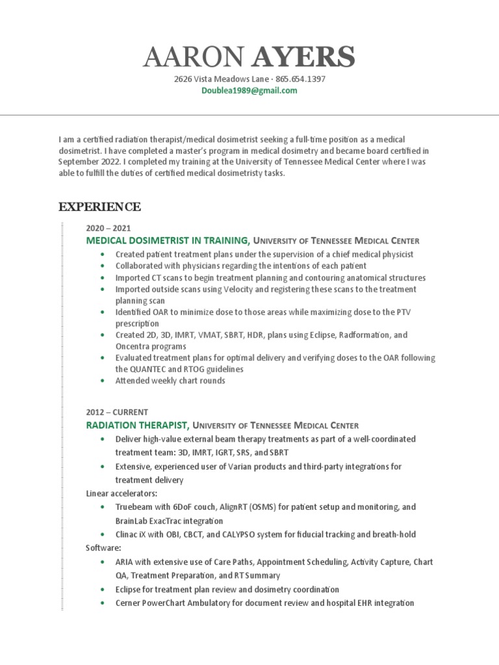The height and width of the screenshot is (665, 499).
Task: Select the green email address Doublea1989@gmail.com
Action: coord(249,91)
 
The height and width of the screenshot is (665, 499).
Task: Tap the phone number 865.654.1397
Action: coord(300,79)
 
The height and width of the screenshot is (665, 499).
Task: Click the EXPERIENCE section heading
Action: coord(99,207)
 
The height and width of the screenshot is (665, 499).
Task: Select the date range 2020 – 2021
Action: coord(108,228)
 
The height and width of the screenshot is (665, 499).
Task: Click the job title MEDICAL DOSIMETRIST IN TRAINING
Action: coord(168,240)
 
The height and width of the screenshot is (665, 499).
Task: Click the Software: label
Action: coord(103,548)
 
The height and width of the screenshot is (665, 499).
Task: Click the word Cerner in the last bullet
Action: coord(129,603)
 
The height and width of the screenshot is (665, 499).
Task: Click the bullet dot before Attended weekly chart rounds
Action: coord(102,381)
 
